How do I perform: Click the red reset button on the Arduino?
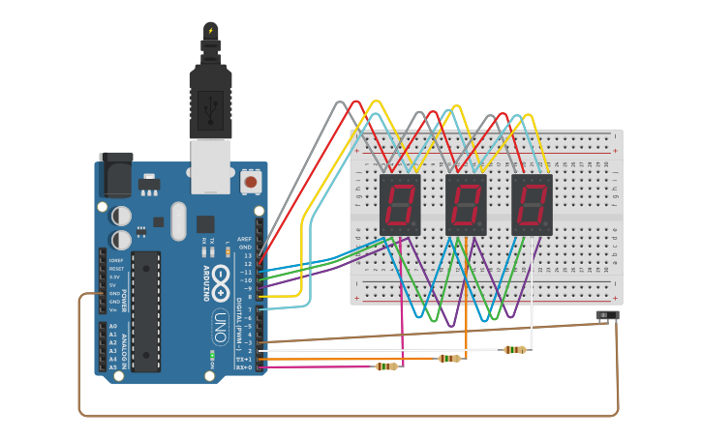[251, 181]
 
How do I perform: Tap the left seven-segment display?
[400, 205]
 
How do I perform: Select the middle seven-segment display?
[466, 205]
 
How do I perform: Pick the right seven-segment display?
[532, 205]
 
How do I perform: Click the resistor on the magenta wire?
[386, 366]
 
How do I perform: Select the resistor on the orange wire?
[448, 359]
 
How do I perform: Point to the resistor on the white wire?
[514, 350]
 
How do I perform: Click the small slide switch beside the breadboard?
[607, 316]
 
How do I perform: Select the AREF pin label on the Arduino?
[245, 239]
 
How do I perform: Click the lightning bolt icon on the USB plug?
[210, 30]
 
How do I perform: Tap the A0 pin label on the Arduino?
[112, 326]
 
